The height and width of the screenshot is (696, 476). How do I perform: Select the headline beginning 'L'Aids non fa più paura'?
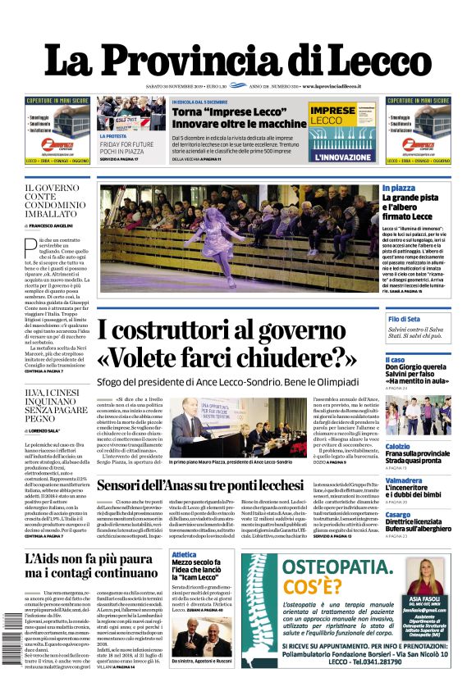pos(90,566)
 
